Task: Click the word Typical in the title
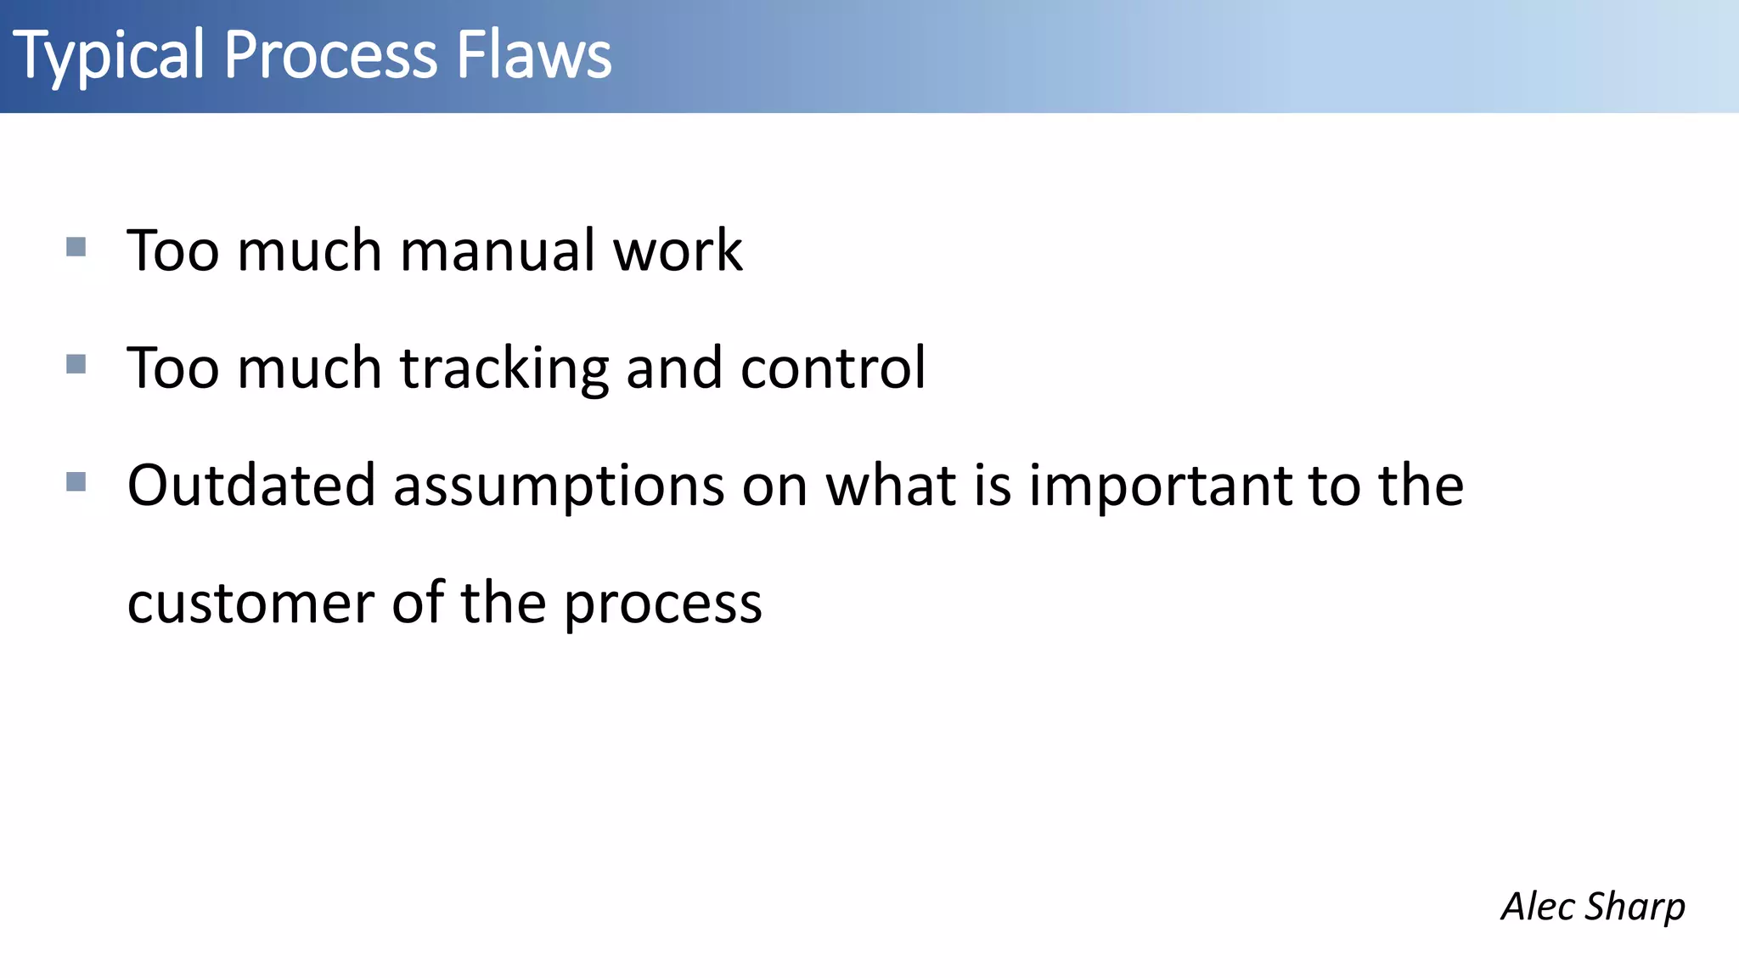109,56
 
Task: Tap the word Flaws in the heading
533,56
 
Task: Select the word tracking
504,369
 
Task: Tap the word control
833,369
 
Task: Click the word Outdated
251,486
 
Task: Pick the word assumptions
559,487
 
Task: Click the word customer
251,604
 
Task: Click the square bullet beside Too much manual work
76,247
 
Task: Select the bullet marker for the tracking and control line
76,364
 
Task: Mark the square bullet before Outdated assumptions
76,482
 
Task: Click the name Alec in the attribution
1538,906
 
